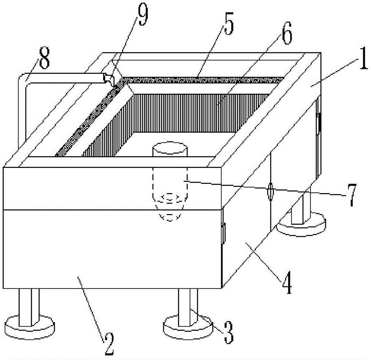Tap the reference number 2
coord(109,344)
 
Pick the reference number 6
coord(287,33)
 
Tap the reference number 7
coord(352,195)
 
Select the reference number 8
coord(44,57)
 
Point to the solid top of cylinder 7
coord(170,148)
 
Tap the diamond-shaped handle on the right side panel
coord(270,191)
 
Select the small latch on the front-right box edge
coord(223,233)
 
